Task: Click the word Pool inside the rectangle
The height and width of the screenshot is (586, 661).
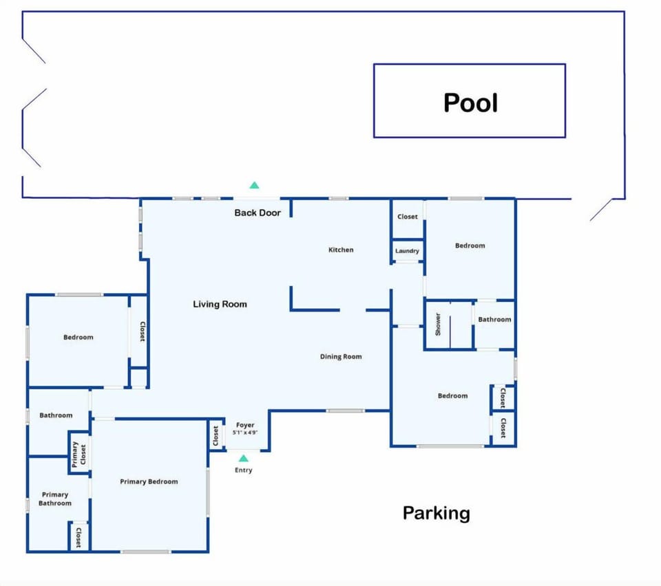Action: coord(470,102)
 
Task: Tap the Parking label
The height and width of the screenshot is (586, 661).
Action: coord(437,513)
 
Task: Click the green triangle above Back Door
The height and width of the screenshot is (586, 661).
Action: coord(254,185)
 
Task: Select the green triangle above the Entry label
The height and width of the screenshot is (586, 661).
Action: coord(243,458)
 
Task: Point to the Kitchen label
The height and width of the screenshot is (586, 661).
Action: coord(341,250)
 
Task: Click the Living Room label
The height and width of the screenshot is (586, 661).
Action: coord(220,304)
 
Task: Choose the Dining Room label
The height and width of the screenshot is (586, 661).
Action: coord(341,356)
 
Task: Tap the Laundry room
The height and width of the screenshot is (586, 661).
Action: coord(407,250)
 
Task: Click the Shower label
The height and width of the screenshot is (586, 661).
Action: coord(438,325)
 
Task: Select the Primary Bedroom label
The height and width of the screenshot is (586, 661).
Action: coord(149,481)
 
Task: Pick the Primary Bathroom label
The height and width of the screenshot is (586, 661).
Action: coord(55,499)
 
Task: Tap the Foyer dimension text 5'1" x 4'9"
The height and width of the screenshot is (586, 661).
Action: coord(245,433)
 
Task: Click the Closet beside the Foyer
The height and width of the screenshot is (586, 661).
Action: coord(216,435)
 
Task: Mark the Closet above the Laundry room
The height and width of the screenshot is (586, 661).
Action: coord(407,217)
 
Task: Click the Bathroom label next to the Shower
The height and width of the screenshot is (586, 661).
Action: coord(494,319)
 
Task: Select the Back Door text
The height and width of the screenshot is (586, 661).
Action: coord(258,213)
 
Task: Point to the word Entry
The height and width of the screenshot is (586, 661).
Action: coord(243,470)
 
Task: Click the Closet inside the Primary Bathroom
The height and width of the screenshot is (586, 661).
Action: coord(78,537)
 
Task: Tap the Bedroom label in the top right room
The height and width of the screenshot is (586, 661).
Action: coord(470,246)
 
